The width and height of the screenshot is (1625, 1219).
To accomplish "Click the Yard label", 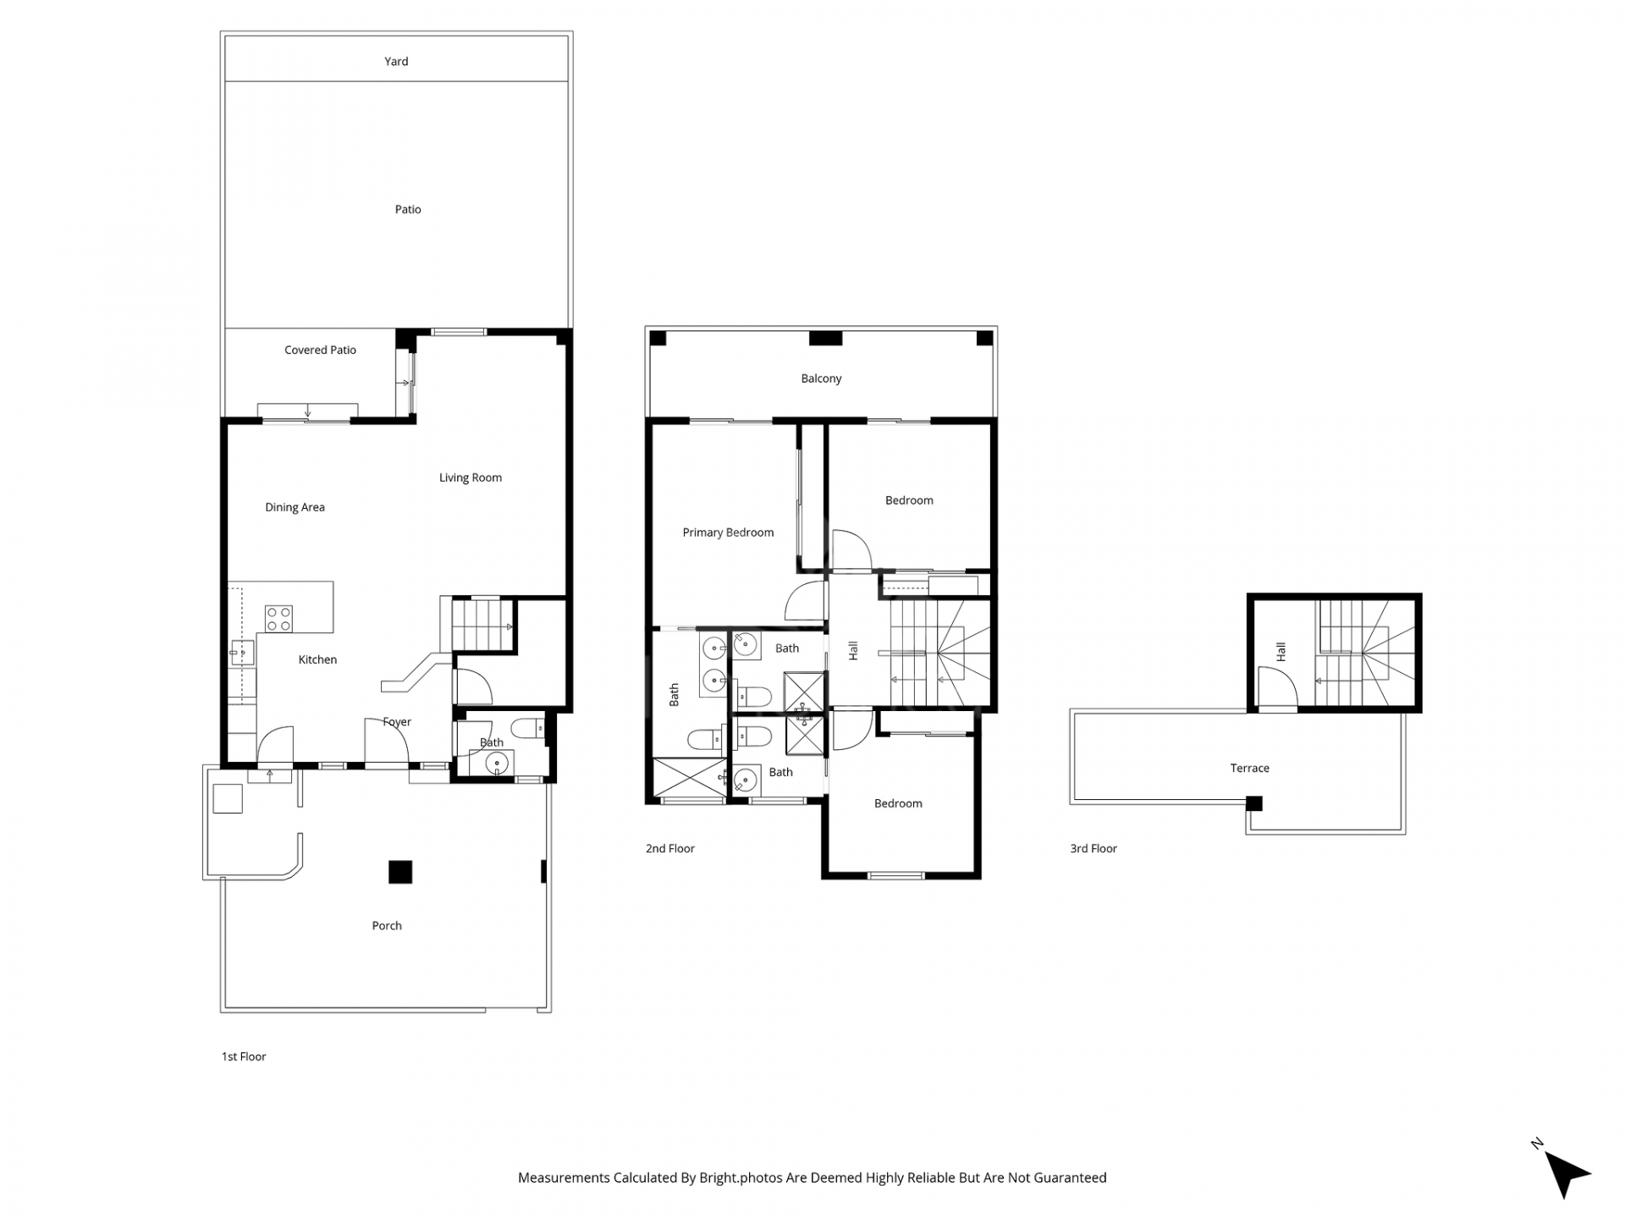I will (396, 62).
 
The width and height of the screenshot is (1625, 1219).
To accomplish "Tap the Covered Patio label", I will (320, 350).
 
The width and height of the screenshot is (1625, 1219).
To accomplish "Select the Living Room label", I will (470, 477).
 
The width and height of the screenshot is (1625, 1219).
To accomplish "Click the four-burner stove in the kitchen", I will (278, 619).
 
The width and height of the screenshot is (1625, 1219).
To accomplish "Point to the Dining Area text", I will (295, 507).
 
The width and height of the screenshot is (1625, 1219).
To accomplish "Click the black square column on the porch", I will (400, 872).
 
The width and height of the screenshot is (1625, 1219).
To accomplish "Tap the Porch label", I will (387, 925).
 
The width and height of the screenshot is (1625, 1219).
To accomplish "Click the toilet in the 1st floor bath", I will (529, 727).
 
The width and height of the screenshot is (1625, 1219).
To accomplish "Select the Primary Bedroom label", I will (728, 532).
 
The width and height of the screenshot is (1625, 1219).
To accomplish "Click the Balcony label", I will (821, 378).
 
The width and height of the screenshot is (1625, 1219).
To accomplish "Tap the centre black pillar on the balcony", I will (825, 339).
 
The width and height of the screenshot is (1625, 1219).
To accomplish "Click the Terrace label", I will (1249, 769).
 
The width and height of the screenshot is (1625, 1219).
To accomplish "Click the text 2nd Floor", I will (669, 848).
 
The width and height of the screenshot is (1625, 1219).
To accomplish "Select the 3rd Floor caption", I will (1093, 848).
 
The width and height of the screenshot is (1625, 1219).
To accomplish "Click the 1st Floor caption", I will (244, 1056).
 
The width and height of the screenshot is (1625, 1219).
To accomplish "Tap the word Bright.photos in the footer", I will (741, 1178).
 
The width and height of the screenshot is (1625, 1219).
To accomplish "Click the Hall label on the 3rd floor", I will (1281, 652).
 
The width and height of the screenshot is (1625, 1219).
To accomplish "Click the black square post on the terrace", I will (1254, 803).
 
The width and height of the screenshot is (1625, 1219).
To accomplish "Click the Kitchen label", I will (317, 659).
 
